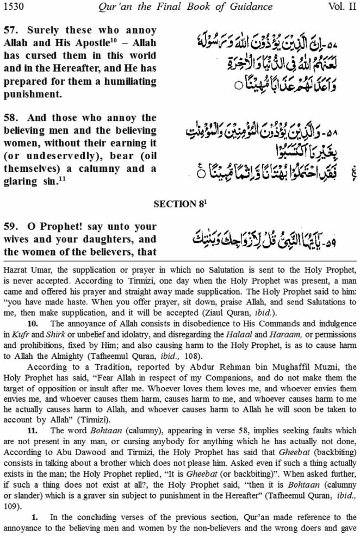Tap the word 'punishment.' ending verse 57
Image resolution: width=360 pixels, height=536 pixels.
33,94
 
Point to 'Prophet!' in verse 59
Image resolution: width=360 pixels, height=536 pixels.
61,227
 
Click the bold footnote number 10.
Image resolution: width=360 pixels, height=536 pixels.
33,324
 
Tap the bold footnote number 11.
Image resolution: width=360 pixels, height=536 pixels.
33,431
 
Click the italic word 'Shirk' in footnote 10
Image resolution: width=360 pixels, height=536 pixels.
55,334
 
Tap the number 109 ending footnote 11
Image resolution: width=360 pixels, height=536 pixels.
10,507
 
